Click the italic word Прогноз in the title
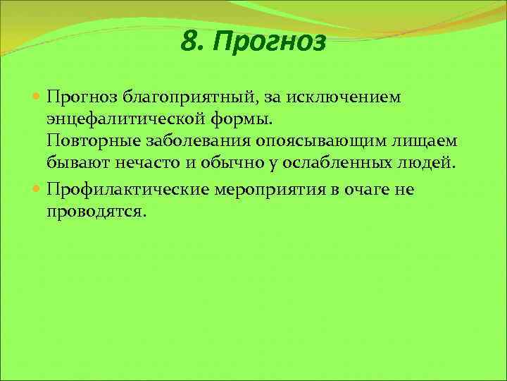tap(270, 44)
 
